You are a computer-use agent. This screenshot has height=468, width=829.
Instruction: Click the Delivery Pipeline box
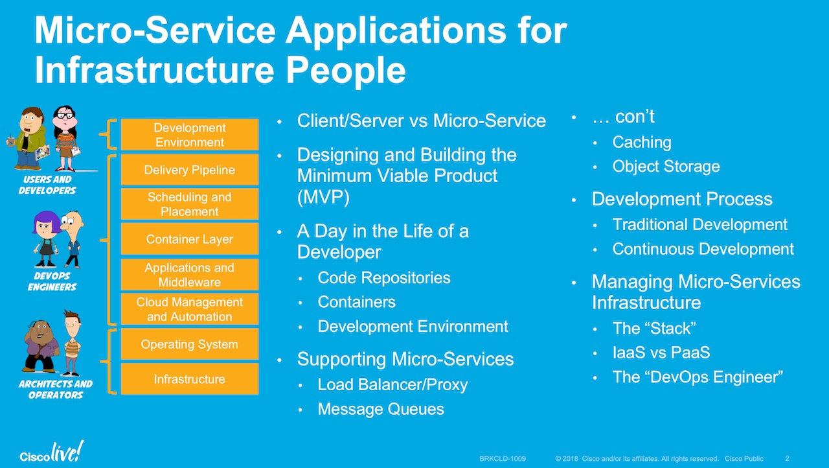pyautogui.click(x=190, y=170)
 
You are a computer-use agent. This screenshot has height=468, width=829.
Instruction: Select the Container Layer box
pyautogui.click(x=190, y=239)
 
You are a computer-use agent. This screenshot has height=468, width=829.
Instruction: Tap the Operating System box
pyautogui.click(x=190, y=344)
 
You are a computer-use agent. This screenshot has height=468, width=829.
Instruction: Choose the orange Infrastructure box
pyautogui.click(x=190, y=379)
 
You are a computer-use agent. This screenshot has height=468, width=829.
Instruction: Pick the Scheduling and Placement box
pyautogui.click(x=190, y=204)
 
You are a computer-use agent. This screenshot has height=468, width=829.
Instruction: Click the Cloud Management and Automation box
pyautogui.click(x=190, y=309)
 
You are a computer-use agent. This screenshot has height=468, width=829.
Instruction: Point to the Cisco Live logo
pyautogui.click(x=51, y=452)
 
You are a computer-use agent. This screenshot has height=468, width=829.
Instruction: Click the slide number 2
pyautogui.click(x=787, y=458)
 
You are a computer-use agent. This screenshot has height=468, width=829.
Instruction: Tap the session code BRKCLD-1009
pyautogui.click(x=503, y=459)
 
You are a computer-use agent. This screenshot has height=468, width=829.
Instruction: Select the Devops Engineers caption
pyautogui.click(x=52, y=281)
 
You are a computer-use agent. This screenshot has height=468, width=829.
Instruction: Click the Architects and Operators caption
pyautogui.click(x=55, y=389)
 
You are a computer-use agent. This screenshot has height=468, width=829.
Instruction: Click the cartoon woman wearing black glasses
pyautogui.click(x=65, y=137)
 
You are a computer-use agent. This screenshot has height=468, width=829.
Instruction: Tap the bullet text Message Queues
pyautogui.click(x=381, y=409)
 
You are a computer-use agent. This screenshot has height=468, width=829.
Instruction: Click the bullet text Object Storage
pyautogui.click(x=666, y=167)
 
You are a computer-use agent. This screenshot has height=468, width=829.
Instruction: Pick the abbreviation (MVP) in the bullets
pyautogui.click(x=323, y=197)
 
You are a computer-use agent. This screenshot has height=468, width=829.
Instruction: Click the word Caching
pyautogui.click(x=642, y=142)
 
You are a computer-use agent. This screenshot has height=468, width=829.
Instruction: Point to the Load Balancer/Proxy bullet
pyautogui.click(x=392, y=384)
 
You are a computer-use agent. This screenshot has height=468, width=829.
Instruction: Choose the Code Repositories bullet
pyautogui.click(x=384, y=277)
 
